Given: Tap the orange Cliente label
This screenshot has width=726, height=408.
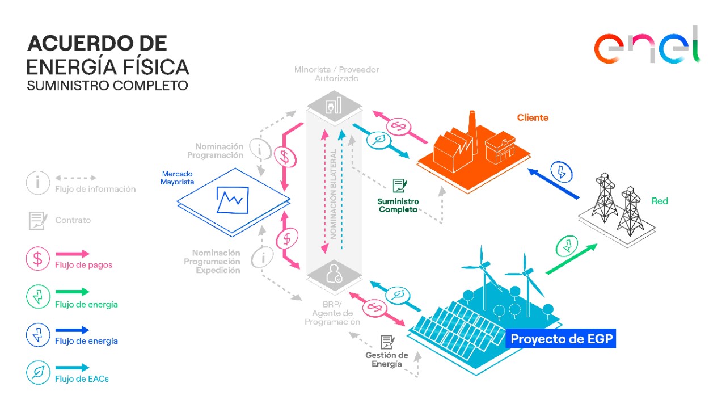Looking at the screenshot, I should tap(533, 117).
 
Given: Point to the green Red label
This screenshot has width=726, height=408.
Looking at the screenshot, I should tap(660, 201).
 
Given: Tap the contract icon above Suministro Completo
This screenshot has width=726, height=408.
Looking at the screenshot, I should tap(400, 186).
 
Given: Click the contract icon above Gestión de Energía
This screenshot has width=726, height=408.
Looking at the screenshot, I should tap(387, 342).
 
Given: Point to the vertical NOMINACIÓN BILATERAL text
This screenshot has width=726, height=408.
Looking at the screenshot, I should tap(334, 193).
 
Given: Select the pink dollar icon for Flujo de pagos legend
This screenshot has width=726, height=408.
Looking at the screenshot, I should tap(37, 259).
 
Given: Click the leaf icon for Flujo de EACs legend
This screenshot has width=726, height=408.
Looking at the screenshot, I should tap(37, 373).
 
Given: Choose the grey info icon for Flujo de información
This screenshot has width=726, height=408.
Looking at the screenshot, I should tap(37, 183).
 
